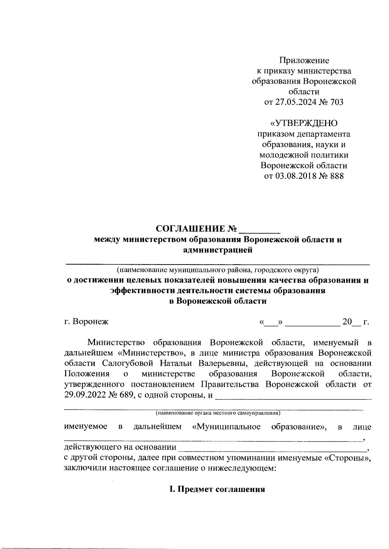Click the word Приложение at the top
tap(304, 60)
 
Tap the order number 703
tap(336, 102)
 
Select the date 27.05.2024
tap(292, 102)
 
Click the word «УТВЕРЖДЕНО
tap(304, 123)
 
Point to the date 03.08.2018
tap(292, 176)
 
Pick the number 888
tap(336, 176)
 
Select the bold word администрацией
tap(218, 250)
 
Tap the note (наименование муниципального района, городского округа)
tap(218, 270)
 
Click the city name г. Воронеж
tap(86, 322)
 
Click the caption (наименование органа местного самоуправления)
tap(218, 413)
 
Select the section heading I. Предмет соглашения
tap(217, 489)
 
